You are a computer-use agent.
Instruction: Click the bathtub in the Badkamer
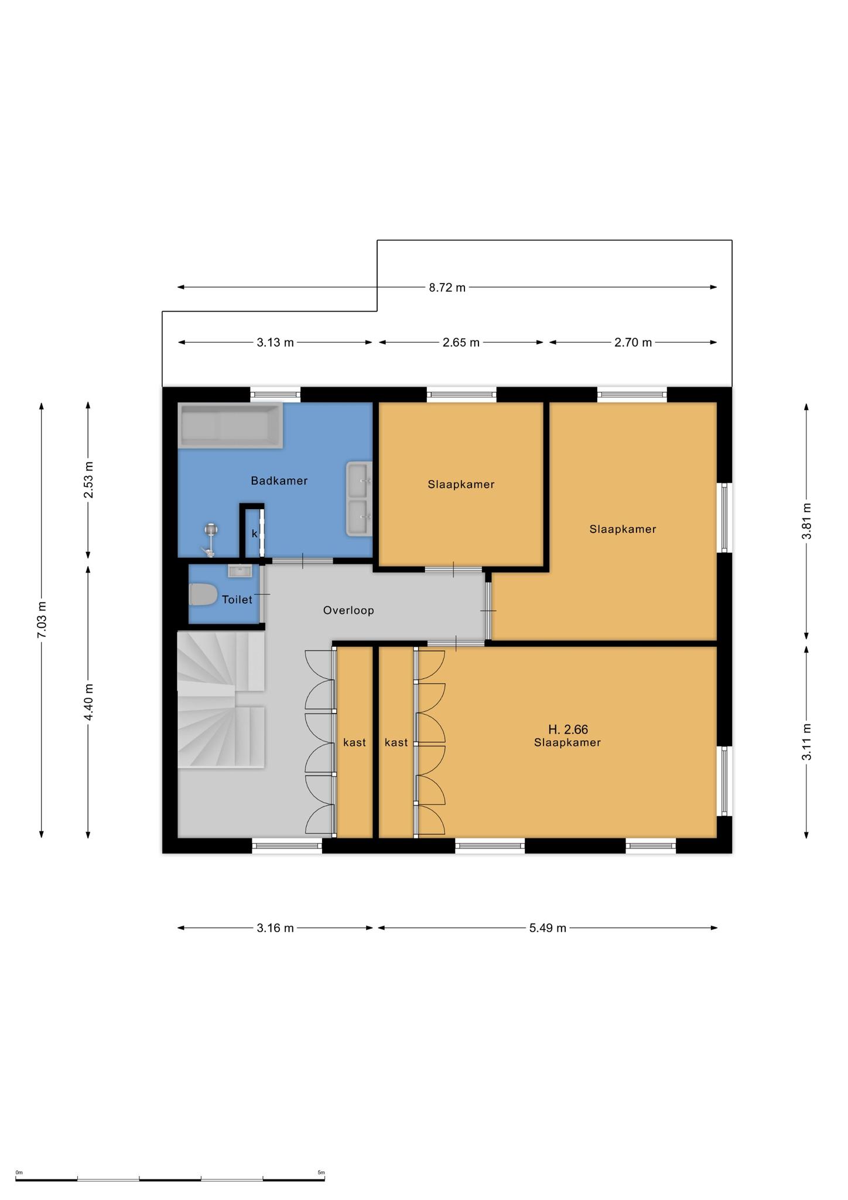231,425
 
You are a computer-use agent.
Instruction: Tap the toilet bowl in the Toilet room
203,595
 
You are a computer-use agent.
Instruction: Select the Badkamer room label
279,481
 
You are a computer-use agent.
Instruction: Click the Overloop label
348,611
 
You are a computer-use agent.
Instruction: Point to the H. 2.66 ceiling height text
568,729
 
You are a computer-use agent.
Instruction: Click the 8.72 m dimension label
447,287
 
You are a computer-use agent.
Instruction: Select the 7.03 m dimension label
41,620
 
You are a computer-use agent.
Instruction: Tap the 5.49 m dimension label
548,928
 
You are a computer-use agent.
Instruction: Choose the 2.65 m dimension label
461,343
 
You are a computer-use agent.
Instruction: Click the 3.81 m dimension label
806,521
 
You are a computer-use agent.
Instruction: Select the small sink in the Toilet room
240,570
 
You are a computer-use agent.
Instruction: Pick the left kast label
354,742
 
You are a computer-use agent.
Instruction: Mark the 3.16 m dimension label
275,928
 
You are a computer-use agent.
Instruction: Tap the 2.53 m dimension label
88,480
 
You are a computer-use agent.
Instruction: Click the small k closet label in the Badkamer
255,533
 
